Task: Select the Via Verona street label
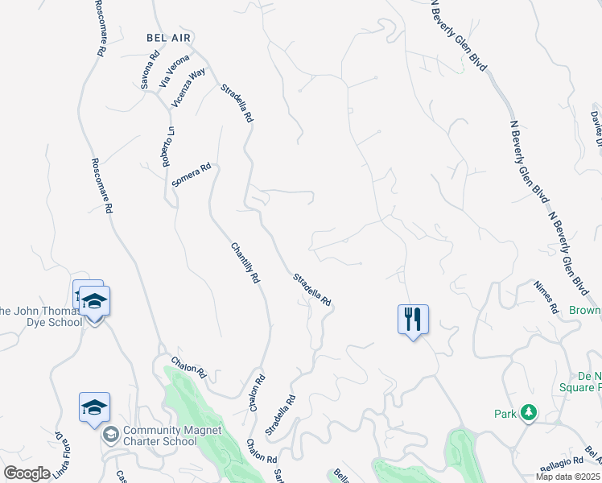click(174, 70)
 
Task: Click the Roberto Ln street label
click(167, 147)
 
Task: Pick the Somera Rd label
click(192, 175)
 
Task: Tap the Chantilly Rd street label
click(245, 262)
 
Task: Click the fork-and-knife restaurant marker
click(413, 319)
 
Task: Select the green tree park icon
click(528, 414)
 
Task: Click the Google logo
click(27, 473)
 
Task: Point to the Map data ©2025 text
click(567, 477)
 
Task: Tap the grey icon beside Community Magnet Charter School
click(110, 436)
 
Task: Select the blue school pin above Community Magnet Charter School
click(94, 407)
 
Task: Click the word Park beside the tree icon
click(505, 414)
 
